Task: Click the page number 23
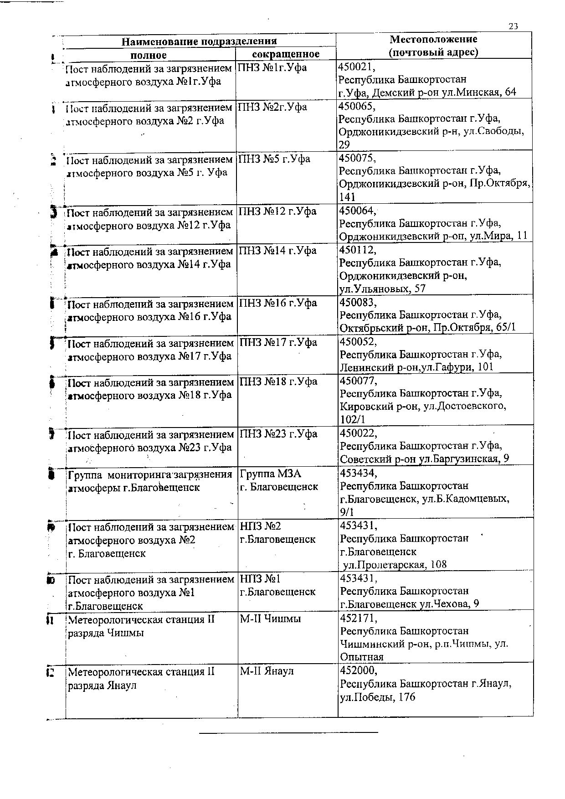[x=513, y=26]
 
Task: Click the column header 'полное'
[x=149, y=55]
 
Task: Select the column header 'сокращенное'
[x=286, y=54]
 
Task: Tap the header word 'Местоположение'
[x=433, y=39]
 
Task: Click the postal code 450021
[x=356, y=67]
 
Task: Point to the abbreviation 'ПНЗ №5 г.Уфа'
[x=274, y=159]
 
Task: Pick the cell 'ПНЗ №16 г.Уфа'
[x=278, y=303]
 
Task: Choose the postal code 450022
[x=358, y=433]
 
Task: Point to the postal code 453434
[x=358, y=473]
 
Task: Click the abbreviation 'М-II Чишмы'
[x=270, y=619]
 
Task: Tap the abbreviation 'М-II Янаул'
[x=267, y=671]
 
